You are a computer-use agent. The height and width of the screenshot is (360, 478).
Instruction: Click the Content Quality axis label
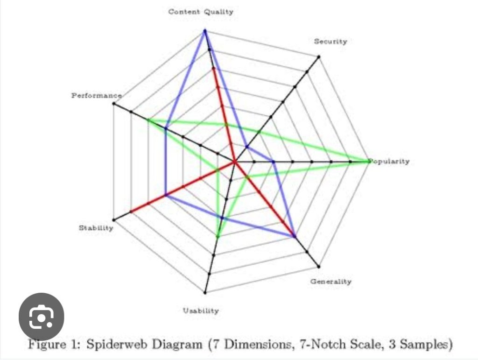click(x=201, y=12)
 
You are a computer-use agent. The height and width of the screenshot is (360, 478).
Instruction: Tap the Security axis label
click(x=331, y=42)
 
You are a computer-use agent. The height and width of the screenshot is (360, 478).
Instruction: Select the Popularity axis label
click(x=390, y=161)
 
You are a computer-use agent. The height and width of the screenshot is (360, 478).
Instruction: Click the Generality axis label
click(x=331, y=282)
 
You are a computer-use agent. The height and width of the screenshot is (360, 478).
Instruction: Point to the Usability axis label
click(x=201, y=311)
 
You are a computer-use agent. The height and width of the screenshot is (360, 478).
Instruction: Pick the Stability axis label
click(x=96, y=228)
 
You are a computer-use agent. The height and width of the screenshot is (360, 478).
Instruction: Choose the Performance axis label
click(x=97, y=95)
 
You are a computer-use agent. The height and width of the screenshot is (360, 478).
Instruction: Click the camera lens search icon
click(x=42, y=316)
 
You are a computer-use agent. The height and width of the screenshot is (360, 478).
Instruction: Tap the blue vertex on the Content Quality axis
click(x=205, y=30)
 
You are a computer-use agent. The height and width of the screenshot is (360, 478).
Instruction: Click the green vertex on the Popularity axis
click(x=370, y=162)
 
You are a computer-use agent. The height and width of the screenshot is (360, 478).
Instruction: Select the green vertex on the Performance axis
click(x=148, y=120)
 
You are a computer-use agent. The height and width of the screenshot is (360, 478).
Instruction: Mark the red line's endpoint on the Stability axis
click(x=131, y=211)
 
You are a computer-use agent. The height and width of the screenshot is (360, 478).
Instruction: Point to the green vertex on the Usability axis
click(x=218, y=236)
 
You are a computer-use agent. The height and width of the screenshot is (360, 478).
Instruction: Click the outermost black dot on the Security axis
click(x=319, y=56)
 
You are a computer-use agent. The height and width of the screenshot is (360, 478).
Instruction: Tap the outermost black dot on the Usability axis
click(x=205, y=293)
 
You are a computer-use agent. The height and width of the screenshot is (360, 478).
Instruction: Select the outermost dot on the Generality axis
click(x=319, y=267)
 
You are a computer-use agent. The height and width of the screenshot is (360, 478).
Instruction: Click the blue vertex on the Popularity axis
click(x=274, y=162)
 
